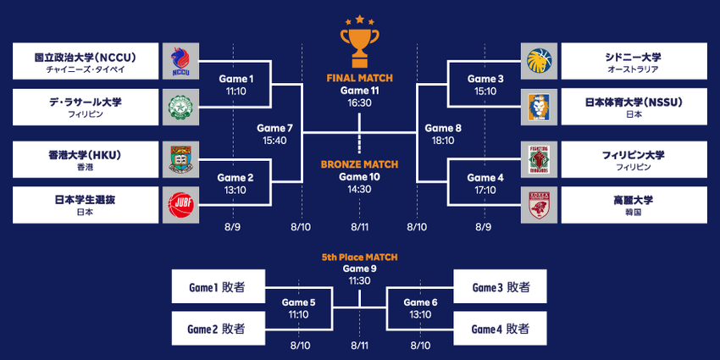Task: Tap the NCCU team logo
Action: [x=180, y=61]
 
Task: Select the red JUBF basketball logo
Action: [x=180, y=205]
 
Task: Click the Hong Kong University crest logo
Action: [x=180, y=159]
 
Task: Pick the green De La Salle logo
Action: [x=180, y=107]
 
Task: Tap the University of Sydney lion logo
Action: [x=539, y=61]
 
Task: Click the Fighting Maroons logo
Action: [x=539, y=159]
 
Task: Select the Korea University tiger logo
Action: [x=539, y=205]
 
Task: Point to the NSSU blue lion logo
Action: [x=539, y=107]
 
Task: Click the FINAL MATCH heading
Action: [x=359, y=78]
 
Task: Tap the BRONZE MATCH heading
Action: [x=359, y=164]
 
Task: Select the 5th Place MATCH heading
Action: [x=359, y=258]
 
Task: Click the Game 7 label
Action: [x=274, y=129]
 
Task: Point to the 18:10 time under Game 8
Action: [x=443, y=141]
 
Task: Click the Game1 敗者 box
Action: [x=219, y=286]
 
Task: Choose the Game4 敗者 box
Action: [x=500, y=329]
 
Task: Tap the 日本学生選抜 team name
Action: [x=86, y=200]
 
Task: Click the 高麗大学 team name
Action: [x=634, y=200]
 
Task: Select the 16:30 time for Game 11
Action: [x=359, y=102]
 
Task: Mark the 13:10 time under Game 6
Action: [x=421, y=314]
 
